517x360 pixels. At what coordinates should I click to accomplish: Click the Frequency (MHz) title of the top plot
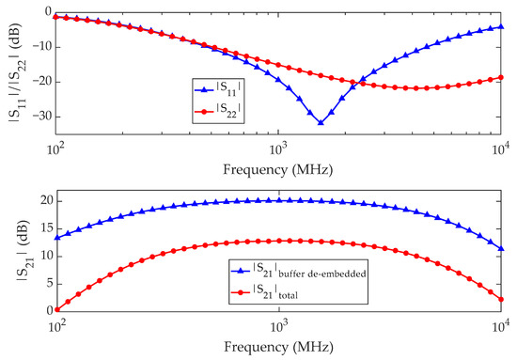[278, 170]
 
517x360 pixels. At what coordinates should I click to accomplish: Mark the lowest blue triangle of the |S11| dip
[321, 123]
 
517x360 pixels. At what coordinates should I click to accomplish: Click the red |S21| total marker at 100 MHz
[55, 308]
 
